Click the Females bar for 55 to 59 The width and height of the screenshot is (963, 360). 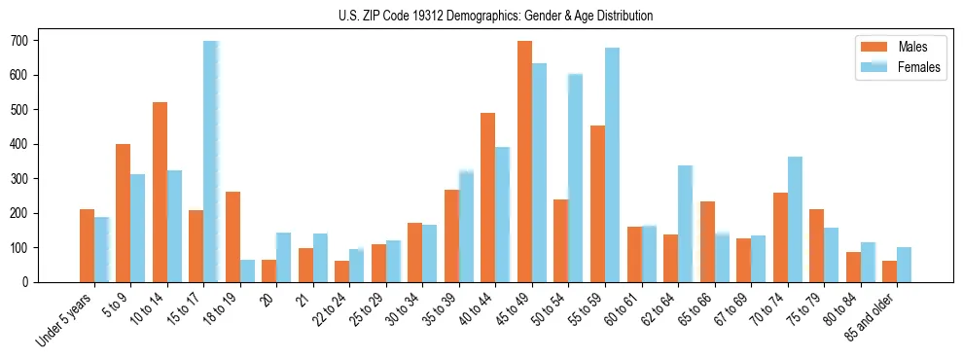612,164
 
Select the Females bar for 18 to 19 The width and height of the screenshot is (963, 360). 247,270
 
